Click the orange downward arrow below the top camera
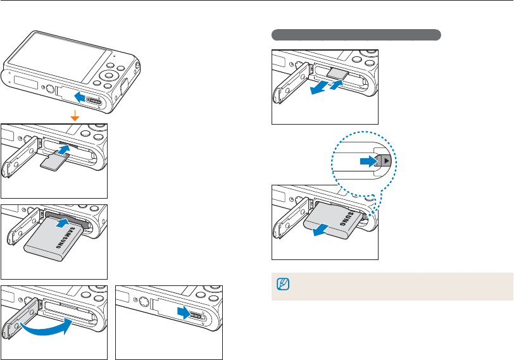(75, 116)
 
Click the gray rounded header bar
(356, 34)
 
